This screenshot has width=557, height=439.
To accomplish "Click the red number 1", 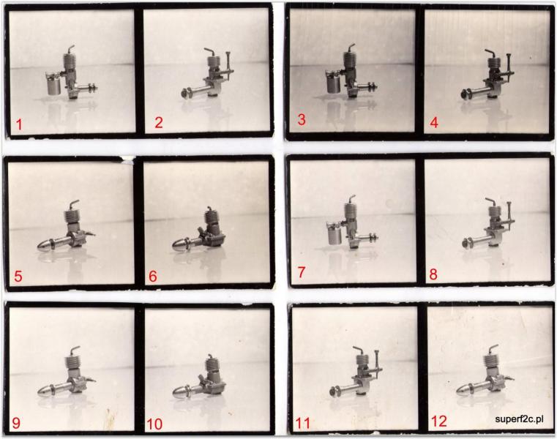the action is [x=19, y=124].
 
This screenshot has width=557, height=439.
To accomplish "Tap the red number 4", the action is [x=434, y=122].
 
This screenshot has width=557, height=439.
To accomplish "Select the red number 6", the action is [x=153, y=277].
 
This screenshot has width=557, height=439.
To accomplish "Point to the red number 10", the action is [x=154, y=424].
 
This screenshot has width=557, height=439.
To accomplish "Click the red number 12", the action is [x=438, y=421].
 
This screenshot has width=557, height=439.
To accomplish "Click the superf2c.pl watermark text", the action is [x=519, y=419].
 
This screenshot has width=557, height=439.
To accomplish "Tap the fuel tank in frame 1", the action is [x=54, y=83].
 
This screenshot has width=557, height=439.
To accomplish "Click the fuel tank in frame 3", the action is [x=334, y=83].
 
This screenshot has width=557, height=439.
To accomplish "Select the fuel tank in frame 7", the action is [x=334, y=233].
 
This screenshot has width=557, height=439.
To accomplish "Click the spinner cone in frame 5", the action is [x=45, y=245].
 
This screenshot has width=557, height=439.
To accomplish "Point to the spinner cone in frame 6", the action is [x=181, y=244].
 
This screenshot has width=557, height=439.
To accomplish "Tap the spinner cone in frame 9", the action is [x=45, y=391].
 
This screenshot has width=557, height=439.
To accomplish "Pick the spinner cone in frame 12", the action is [x=464, y=389].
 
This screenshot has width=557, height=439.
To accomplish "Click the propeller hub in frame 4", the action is [x=465, y=94].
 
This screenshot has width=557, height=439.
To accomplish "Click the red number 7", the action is [x=302, y=273].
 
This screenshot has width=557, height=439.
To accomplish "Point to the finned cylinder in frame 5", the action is [x=72, y=217].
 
